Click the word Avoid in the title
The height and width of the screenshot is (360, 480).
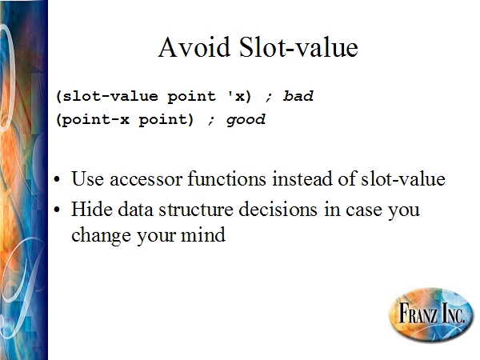point(194,47)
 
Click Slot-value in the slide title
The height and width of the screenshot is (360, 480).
point(298,47)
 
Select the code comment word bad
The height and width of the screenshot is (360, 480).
point(298,96)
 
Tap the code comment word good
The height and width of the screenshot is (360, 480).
point(246,119)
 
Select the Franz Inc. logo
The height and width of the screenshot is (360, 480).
point(431,314)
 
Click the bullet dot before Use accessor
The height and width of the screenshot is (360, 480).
point(57,180)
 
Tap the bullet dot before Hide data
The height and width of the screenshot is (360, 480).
point(57,210)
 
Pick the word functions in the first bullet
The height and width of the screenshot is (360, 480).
point(227,178)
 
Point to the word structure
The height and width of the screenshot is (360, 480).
point(196,210)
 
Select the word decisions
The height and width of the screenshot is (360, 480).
point(278,209)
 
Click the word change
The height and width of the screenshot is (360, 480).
point(102,236)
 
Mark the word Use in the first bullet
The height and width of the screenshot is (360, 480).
point(87,178)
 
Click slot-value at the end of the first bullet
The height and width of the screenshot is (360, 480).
point(403,178)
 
